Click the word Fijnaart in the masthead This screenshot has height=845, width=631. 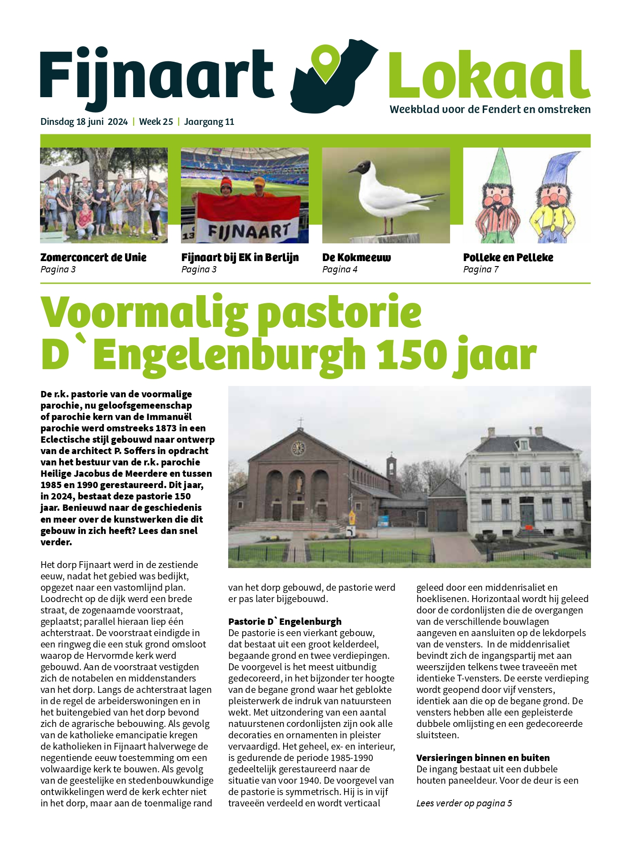pyautogui.click(x=157, y=75)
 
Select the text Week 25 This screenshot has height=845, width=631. pyautogui.click(x=156, y=122)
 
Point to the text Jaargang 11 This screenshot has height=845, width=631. pyautogui.click(x=209, y=122)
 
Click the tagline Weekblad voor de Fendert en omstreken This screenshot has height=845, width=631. pyautogui.click(x=490, y=109)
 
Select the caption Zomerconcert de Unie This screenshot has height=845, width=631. pyautogui.click(x=93, y=257)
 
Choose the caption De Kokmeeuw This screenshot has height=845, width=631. pyautogui.click(x=356, y=257)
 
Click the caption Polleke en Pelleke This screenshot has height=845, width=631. pyautogui.click(x=508, y=257)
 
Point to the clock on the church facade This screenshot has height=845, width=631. pyautogui.click(x=298, y=448)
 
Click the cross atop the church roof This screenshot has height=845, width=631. pyautogui.click(x=300, y=421)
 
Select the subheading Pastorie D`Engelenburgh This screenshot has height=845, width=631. pyautogui.click(x=285, y=622)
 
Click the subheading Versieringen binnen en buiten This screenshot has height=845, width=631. pyautogui.click(x=483, y=758)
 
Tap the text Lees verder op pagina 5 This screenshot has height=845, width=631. pyautogui.click(x=464, y=803)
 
